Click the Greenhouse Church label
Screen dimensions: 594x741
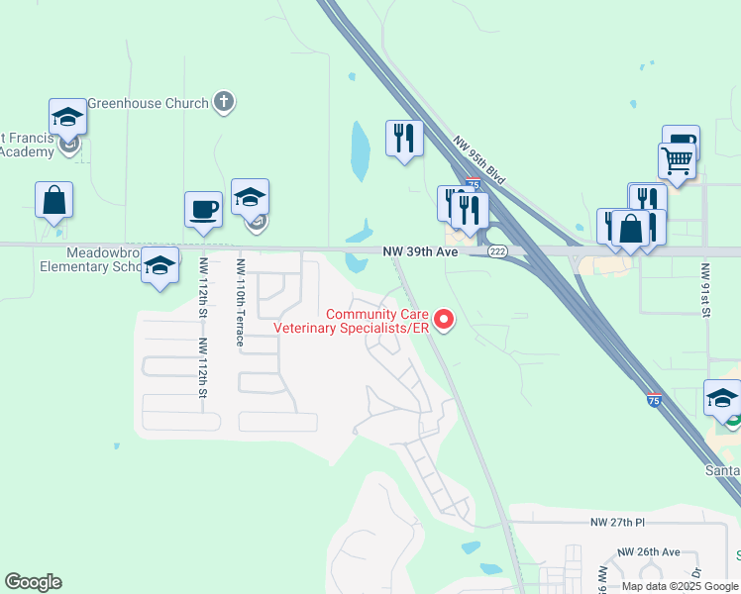coord(149,103)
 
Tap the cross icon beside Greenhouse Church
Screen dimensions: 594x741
coord(225,101)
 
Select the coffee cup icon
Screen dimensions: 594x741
coord(203,210)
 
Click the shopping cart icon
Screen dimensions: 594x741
coord(677,159)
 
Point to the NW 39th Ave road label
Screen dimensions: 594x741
coord(420,252)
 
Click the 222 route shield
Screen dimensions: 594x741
coord(497,252)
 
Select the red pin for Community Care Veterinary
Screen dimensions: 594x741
coord(445,319)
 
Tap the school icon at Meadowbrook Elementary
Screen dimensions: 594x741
coord(159,265)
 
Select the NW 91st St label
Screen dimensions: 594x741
coord(706,290)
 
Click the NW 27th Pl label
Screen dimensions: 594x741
coord(617,522)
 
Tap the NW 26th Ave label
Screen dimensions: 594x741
coord(648,551)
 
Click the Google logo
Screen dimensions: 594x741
coord(33,582)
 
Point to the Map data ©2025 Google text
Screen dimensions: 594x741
coord(679,586)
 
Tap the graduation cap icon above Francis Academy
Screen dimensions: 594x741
coord(67,117)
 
